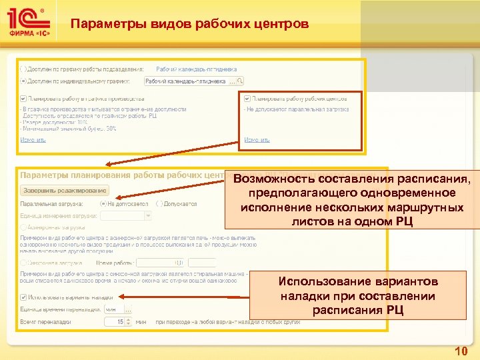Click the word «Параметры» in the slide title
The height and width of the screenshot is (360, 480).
pyautogui.click(x=100, y=25)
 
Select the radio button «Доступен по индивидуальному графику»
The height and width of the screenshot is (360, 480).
pyautogui.click(x=24, y=81)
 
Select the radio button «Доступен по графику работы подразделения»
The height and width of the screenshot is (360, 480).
pyautogui.click(x=24, y=69)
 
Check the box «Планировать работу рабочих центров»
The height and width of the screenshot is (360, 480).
pyautogui.click(x=247, y=98)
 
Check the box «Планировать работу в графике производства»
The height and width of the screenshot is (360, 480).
pyautogui.click(x=24, y=98)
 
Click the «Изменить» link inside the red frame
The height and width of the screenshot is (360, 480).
pyautogui.click(x=257, y=139)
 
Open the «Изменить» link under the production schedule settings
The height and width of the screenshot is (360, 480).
pyautogui.click(x=33, y=139)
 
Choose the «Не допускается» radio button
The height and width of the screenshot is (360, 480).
pyautogui.click(x=103, y=203)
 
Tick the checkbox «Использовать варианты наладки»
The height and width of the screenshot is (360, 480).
pyautogui.click(x=24, y=297)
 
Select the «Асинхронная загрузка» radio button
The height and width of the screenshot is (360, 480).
pyautogui.click(x=24, y=228)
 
